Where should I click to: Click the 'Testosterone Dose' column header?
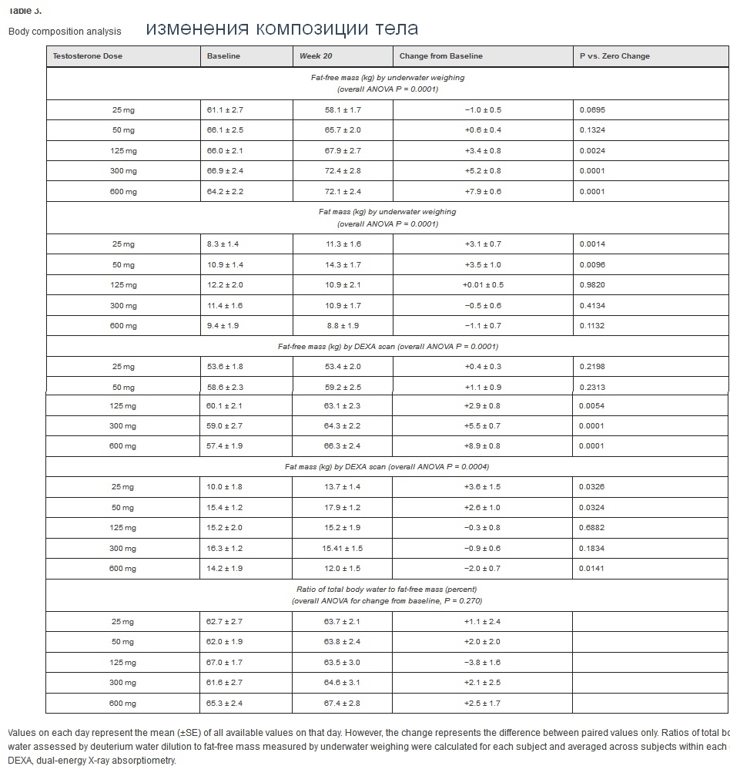[x=87, y=56]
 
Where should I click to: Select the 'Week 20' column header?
[x=316, y=56]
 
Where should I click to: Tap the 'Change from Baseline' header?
[x=440, y=56]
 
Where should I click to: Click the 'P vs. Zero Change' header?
[x=614, y=56]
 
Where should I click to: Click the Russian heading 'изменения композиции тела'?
[x=282, y=29]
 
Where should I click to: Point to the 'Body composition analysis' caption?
[x=65, y=32]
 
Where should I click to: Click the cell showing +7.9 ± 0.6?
[x=483, y=192]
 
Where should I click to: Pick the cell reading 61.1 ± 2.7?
[x=225, y=110]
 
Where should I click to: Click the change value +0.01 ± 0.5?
[x=483, y=285]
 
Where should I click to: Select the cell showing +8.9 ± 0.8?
[x=483, y=446]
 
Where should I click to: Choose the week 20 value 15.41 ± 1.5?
[x=343, y=549]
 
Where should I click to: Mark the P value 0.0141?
[x=592, y=569]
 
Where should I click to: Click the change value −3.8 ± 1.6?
[x=483, y=663]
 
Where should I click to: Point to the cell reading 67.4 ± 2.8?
[x=343, y=704]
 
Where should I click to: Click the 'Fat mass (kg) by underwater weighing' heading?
[x=387, y=212]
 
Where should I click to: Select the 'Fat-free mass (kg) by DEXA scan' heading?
[x=388, y=347]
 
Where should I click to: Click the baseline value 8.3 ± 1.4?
[x=223, y=244]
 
